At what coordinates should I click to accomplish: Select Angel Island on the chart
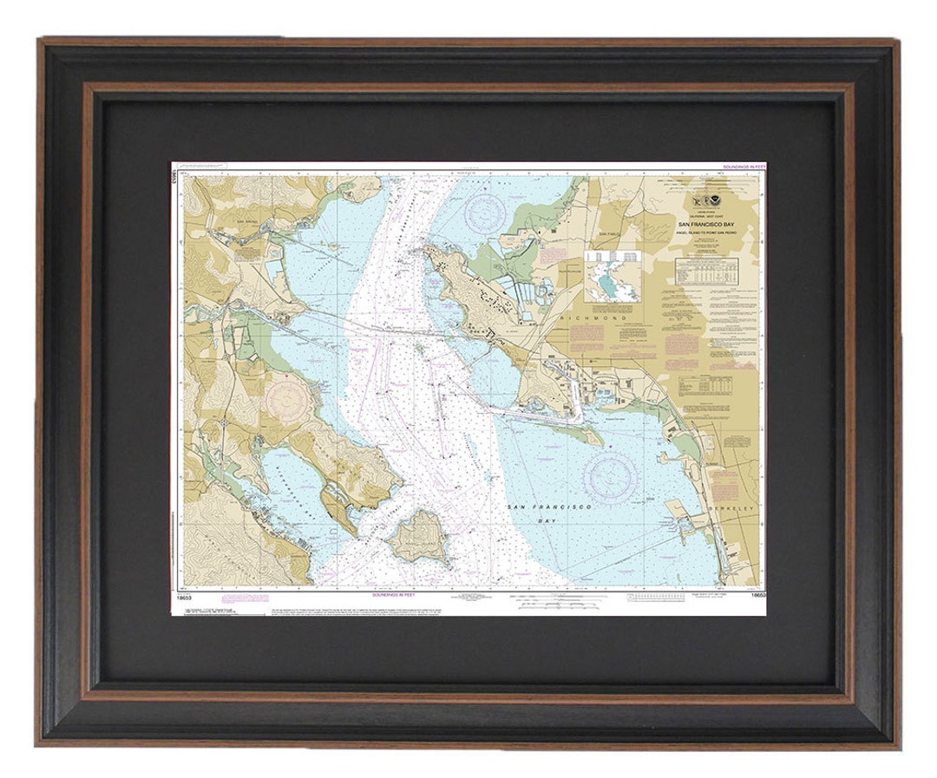click(x=419, y=535)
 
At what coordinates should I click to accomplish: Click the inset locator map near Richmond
click(x=613, y=276)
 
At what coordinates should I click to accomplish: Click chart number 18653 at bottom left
click(x=182, y=596)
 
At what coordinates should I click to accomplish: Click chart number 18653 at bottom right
click(x=757, y=596)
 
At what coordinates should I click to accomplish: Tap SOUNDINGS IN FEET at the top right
click(x=744, y=166)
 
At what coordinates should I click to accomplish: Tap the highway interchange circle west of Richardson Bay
click(x=224, y=422)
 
